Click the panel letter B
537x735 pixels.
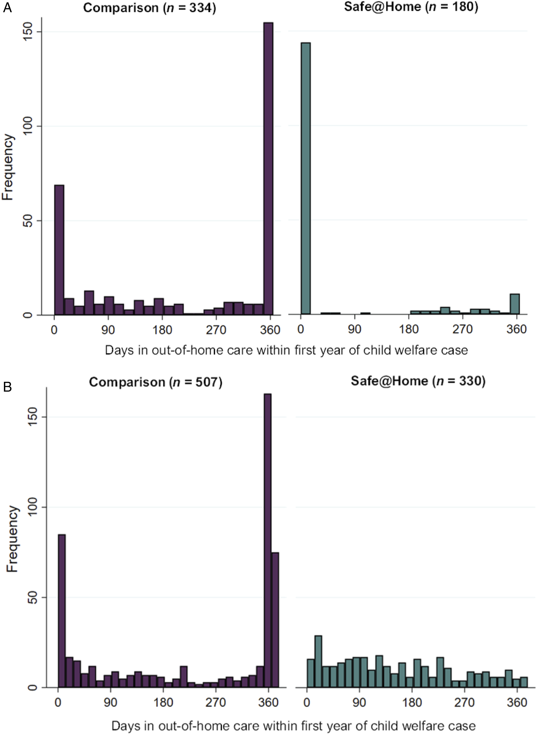(x=7, y=387)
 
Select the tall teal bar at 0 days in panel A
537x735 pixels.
(x=306, y=178)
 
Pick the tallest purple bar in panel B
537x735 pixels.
(x=267, y=540)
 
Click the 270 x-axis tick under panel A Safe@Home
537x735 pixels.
(x=463, y=329)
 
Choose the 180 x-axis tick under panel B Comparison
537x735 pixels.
(x=163, y=702)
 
